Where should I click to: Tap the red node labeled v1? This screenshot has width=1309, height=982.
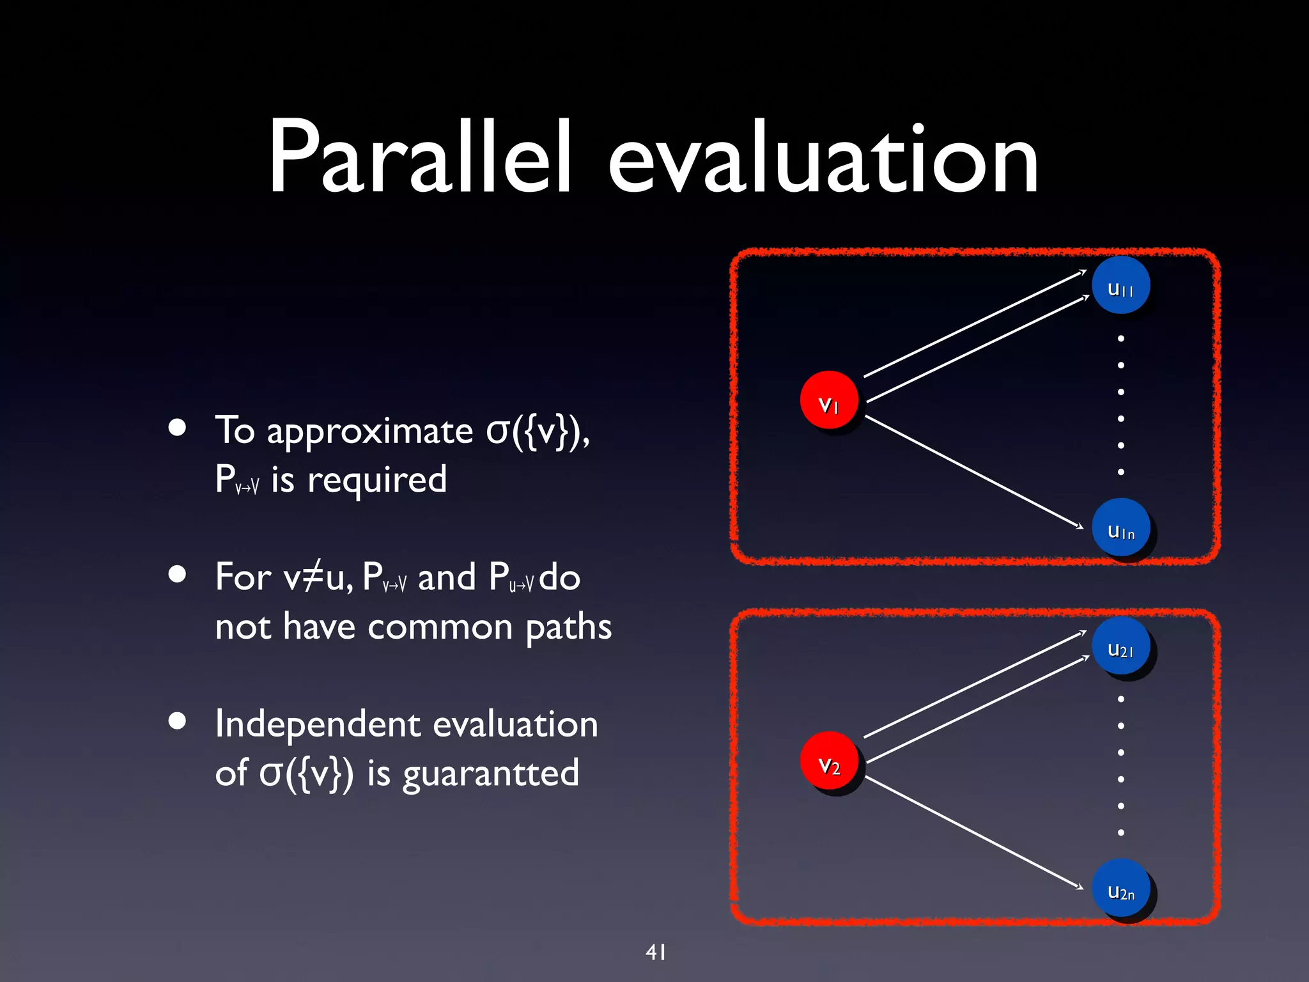(x=829, y=401)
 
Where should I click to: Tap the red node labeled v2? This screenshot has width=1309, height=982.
(x=829, y=761)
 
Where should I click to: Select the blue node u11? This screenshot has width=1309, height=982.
(x=1120, y=286)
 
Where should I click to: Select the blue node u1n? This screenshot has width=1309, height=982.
(x=1120, y=527)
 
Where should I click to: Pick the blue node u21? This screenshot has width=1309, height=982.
(x=1120, y=646)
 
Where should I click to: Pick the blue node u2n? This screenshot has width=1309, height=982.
(x=1120, y=888)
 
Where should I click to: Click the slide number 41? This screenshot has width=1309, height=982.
(x=656, y=952)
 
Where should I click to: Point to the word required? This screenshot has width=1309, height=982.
(x=376, y=481)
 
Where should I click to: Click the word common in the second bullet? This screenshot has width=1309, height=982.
(x=440, y=627)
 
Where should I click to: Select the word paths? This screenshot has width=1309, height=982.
(x=568, y=628)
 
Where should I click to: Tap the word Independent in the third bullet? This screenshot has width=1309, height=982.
(x=318, y=724)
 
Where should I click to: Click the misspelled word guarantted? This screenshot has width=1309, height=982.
(x=490, y=774)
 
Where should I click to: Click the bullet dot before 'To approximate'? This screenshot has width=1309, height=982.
(x=177, y=428)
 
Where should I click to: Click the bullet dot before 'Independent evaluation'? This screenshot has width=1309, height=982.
(x=177, y=721)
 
